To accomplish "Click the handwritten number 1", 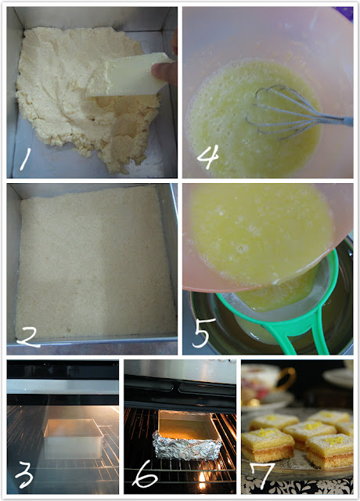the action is (24, 159).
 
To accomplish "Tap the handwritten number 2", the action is (29, 337).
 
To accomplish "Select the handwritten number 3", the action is (24, 475).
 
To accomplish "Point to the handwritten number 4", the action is (208, 157).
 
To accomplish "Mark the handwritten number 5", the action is (202, 333).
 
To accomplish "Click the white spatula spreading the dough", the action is (128, 75).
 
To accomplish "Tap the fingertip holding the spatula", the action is (164, 72).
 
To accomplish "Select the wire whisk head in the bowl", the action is (281, 112).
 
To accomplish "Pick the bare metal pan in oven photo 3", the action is (74, 438).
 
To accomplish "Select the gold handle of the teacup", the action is (289, 379).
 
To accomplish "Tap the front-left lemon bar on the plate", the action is (268, 445).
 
